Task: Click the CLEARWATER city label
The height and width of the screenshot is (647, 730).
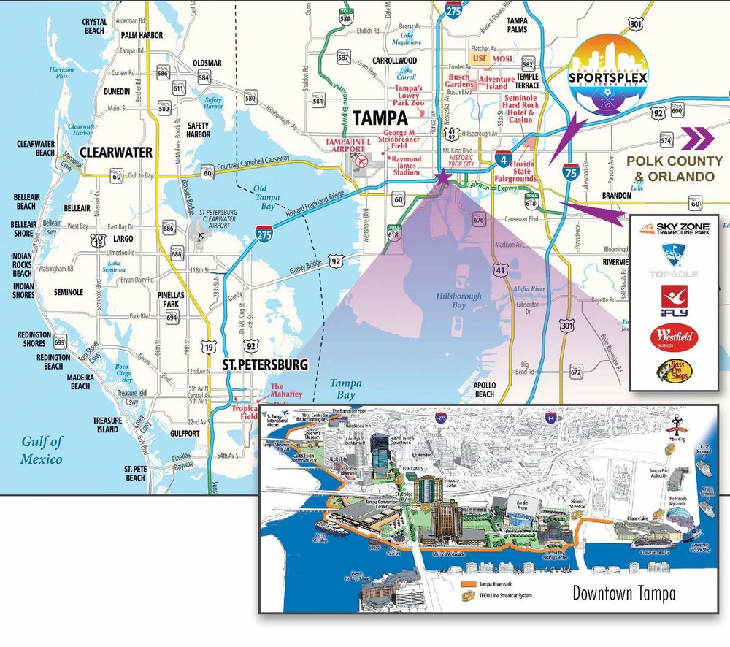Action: (x=115, y=153)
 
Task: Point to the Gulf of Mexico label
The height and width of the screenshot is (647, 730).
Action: (x=42, y=450)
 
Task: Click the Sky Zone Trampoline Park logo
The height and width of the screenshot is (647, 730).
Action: (x=674, y=229)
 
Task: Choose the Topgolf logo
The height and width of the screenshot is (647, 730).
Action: (x=674, y=260)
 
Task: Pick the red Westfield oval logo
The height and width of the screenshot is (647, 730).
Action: (x=674, y=337)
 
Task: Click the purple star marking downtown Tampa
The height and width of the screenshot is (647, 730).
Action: (x=441, y=176)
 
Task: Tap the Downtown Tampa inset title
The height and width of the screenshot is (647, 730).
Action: (x=623, y=592)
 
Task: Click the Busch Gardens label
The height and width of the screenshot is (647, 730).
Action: (x=459, y=81)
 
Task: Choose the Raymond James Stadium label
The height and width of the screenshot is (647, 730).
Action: (x=406, y=166)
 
